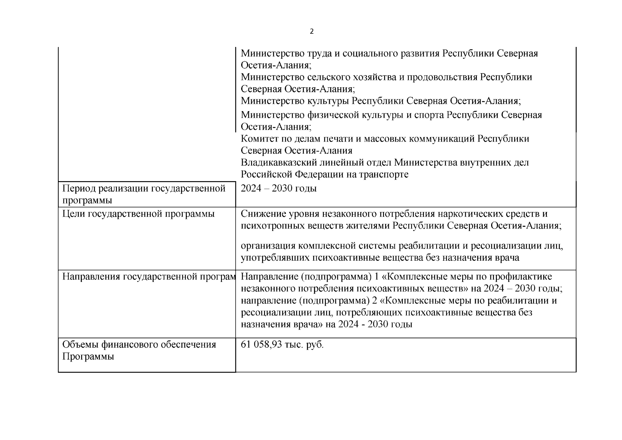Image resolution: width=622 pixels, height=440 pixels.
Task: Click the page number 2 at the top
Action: [x=312, y=32]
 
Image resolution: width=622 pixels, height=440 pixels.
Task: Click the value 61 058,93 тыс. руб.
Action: [x=282, y=345]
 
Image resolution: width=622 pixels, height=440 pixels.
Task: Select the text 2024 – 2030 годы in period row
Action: [x=279, y=188]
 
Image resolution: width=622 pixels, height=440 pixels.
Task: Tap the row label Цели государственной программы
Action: [x=138, y=214]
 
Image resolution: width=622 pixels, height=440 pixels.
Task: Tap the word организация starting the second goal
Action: [x=269, y=246]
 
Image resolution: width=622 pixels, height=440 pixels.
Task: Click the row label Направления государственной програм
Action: [x=148, y=276]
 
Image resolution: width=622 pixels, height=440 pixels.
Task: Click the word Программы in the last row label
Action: [x=88, y=357]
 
